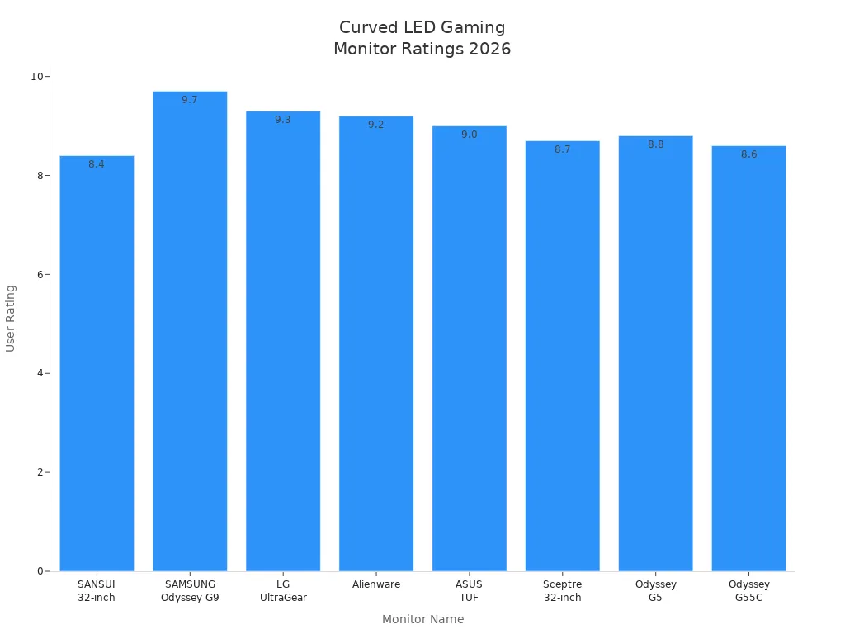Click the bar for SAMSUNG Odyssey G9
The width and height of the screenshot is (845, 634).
[190, 330]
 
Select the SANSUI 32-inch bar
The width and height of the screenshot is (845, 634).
[97, 363]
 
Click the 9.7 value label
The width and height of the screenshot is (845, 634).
[190, 100]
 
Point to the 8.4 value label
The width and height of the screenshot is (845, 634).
[97, 164]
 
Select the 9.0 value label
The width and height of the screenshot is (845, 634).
[469, 135]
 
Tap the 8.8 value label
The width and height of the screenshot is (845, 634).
[655, 144]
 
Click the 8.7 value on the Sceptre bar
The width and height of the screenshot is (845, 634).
[562, 149]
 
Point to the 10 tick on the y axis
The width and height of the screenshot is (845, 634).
[36, 77]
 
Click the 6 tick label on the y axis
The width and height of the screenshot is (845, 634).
[40, 274]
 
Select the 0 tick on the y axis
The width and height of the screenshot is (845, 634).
[40, 571]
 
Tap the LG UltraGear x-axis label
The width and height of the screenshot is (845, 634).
[283, 591]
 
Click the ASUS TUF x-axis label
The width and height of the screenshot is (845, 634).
[469, 591]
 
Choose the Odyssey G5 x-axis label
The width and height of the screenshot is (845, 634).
[655, 591]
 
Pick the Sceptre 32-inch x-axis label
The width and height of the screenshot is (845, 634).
[562, 591]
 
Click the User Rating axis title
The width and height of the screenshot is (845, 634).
[11, 318]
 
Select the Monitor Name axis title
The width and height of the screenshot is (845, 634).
[422, 619]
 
